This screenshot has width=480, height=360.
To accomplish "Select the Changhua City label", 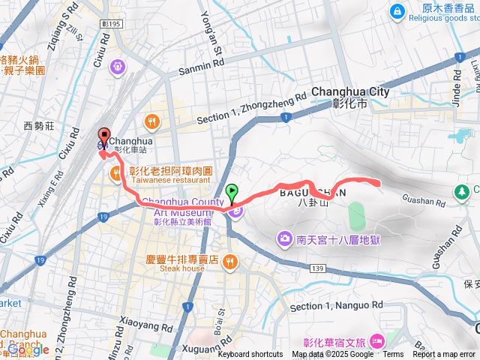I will (x=350, y=91).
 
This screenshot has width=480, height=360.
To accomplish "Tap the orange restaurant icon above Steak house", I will (x=230, y=262).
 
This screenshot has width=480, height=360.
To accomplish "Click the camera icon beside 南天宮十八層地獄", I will (x=284, y=239).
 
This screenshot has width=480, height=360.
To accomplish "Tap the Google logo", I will (x=28, y=349).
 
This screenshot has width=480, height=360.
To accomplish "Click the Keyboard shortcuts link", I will (x=250, y=355).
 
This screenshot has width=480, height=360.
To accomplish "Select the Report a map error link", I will (x=443, y=355).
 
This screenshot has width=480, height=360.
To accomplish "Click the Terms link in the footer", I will (x=393, y=355).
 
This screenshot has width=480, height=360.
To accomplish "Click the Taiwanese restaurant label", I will (x=170, y=181).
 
